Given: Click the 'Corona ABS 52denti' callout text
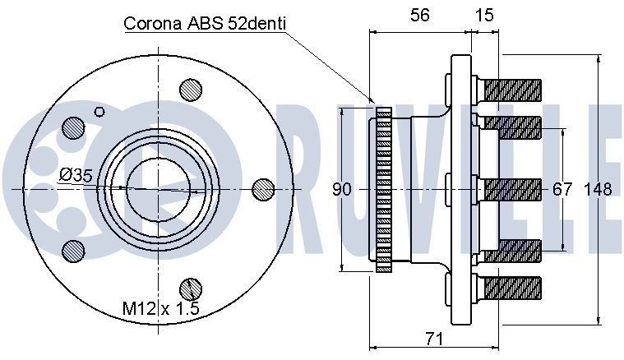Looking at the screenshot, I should tap(204, 23).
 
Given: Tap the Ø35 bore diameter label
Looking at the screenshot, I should tap(76, 175).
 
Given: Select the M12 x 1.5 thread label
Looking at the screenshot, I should tap(160, 308).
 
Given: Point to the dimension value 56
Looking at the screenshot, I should tap(419, 14).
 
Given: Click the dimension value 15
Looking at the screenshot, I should tap(485, 14).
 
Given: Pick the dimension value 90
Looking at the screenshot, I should tap(342, 190).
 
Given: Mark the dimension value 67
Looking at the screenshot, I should tap(562, 190).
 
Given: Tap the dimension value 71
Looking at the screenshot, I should tap(435, 339).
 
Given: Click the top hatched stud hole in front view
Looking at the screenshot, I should tap(191, 88).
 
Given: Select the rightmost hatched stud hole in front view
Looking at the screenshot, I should tap(263, 189).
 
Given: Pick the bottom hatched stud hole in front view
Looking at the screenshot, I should tap(191, 289).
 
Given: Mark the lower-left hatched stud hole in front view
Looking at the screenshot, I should tap(74, 250).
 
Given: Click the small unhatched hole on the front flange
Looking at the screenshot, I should tap(100, 112).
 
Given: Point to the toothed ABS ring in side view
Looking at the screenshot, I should tap(383, 189).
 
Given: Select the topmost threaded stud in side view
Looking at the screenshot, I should tap(511, 87).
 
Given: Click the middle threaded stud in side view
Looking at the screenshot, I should tap(511, 189).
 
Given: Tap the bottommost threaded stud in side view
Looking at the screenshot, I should tap(511, 288).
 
